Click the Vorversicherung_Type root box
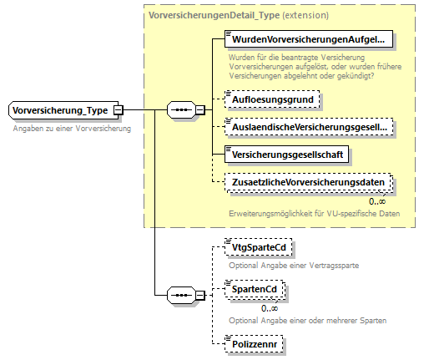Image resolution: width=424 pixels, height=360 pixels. pos(61,110)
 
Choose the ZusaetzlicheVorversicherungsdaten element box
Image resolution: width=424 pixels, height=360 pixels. pos(310,182)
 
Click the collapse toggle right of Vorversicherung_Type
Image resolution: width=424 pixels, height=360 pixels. pos(119,110)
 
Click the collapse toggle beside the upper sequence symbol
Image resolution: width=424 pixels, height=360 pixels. pos(199,110)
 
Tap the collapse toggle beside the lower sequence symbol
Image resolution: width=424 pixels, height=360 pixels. pos(199,295)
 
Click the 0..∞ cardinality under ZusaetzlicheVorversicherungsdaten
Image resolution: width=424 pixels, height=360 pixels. pos(376,200)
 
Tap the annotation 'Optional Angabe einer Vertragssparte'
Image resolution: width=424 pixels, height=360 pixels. pos(293,265)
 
